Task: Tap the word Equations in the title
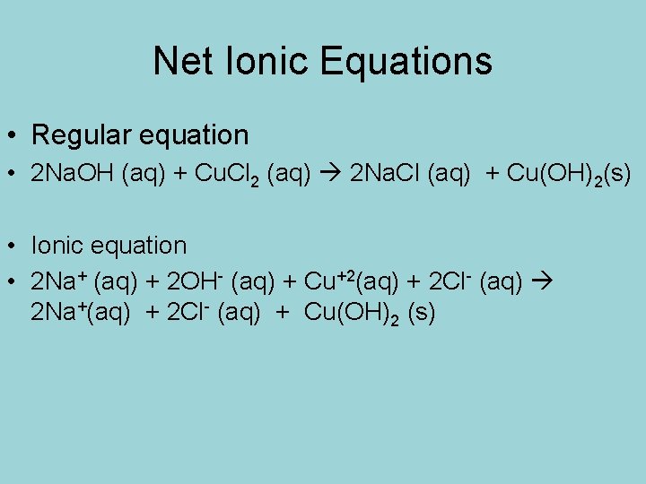pyautogui.click(x=399, y=61)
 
